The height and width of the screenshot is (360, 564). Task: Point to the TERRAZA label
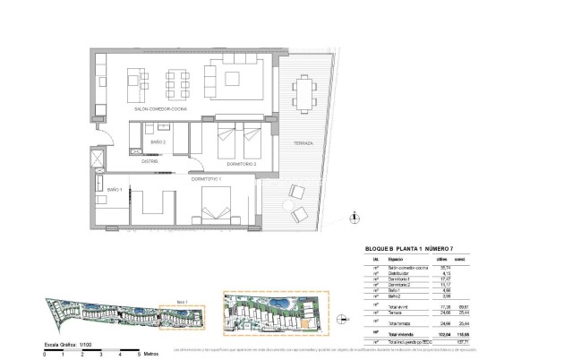[303, 143]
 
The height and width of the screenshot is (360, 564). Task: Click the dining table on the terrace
[304, 90]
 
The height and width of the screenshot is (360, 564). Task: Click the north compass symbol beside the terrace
[355, 216]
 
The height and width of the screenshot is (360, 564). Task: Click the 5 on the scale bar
[139, 355]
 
